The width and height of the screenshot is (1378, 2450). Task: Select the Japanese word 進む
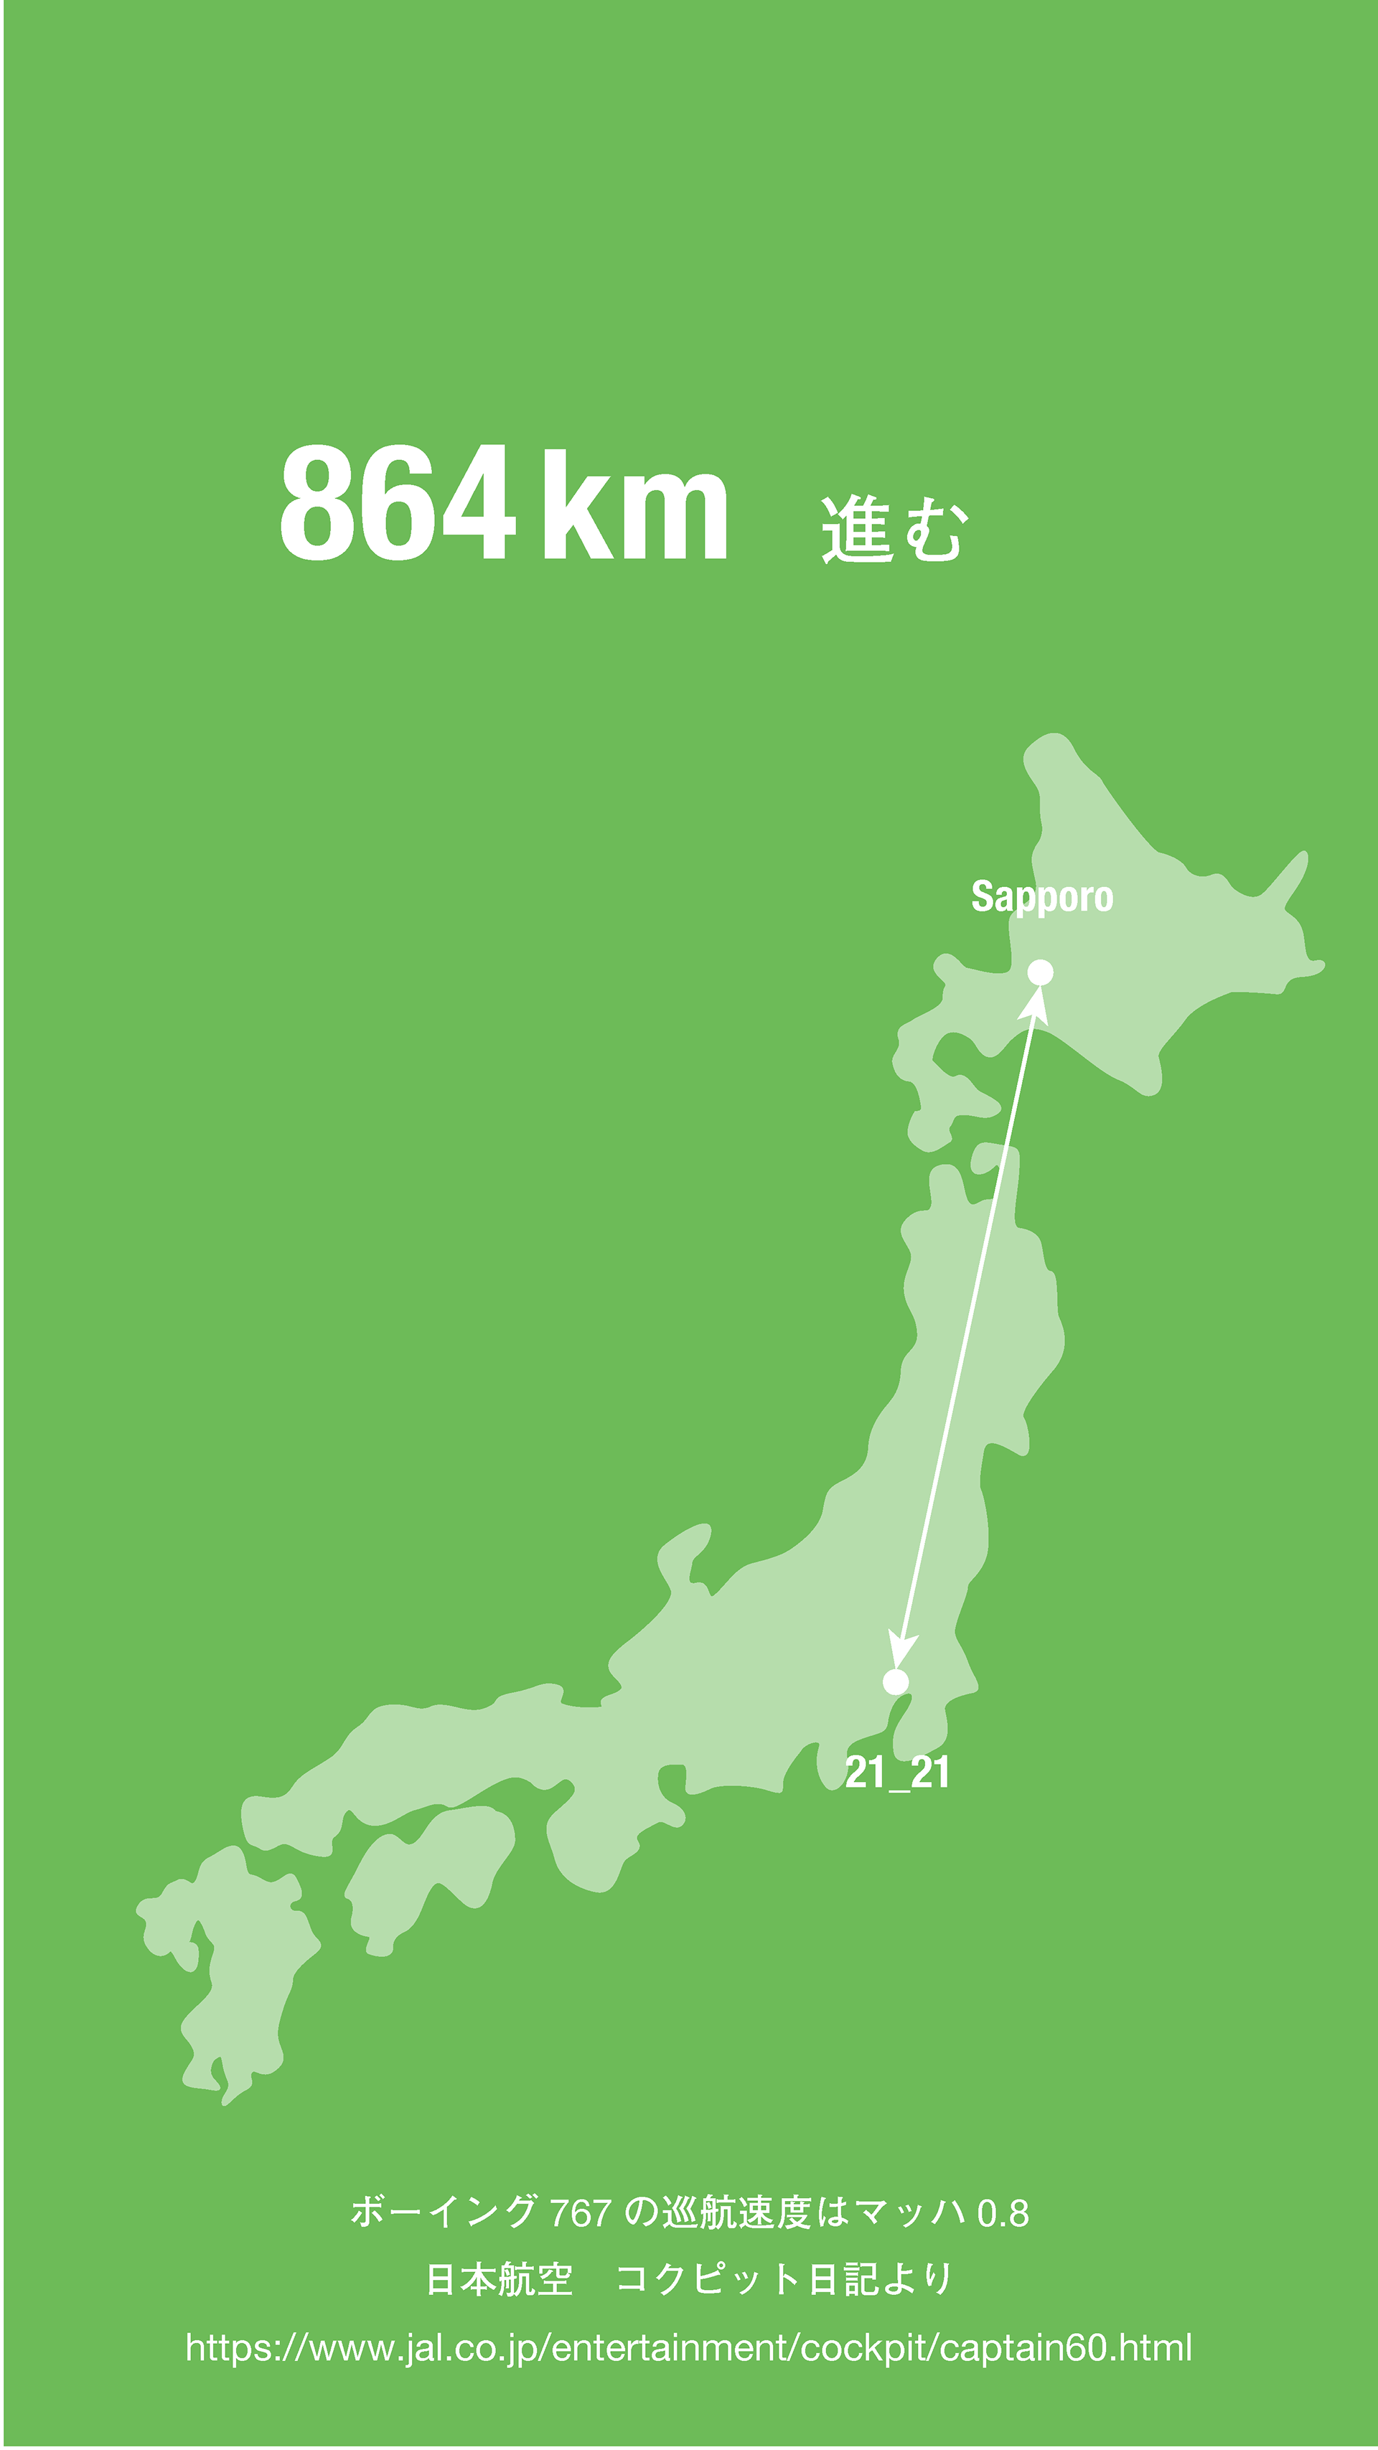point(894,529)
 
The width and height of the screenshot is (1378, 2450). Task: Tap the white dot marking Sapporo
point(1041,972)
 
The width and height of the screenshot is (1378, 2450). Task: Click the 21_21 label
point(897,1773)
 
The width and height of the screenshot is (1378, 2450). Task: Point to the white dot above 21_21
point(895,1681)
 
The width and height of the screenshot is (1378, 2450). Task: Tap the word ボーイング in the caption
point(443,2212)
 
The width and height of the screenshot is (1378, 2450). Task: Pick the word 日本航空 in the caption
point(500,2280)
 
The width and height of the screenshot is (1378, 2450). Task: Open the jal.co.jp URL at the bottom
point(688,2347)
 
